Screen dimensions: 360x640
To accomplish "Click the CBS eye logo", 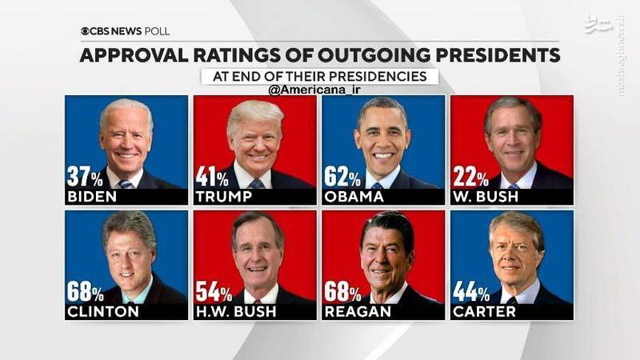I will pyautogui.click(x=86, y=31).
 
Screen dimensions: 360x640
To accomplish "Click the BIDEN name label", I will pyautogui.click(x=93, y=197).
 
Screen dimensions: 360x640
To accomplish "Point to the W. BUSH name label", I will pyautogui.click(x=486, y=197).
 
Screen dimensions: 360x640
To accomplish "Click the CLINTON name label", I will pyautogui.click(x=103, y=312).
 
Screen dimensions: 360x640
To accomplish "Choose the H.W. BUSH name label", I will pyautogui.click(x=235, y=312).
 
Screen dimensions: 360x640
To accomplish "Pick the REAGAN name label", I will pyautogui.click(x=357, y=312).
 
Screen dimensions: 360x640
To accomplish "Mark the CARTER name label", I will pyautogui.click(x=485, y=312).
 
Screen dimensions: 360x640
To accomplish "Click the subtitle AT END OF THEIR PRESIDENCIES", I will pyautogui.click(x=320, y=77).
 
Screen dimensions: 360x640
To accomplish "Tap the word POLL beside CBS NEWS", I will pyautogui.click(x=157, y=31).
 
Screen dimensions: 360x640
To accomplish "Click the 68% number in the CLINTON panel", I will pyautogui.click(x=85, y=292).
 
